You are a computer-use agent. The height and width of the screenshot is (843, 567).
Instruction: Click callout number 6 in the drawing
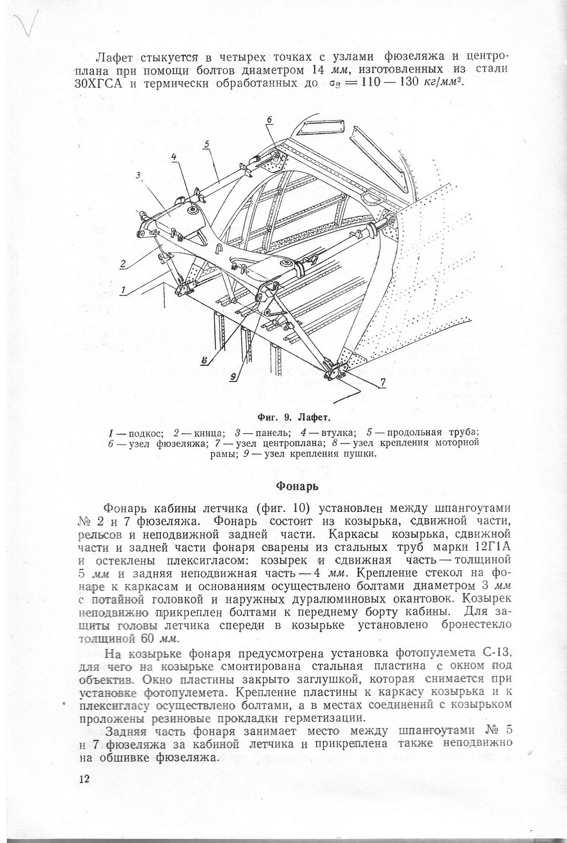269,120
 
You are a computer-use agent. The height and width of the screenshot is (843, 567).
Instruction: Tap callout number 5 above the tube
207,144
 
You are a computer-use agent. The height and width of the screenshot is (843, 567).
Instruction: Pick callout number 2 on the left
121,264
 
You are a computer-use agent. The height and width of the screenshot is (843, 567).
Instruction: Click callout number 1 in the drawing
122,291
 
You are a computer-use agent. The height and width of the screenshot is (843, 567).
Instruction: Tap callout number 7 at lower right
382,383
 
